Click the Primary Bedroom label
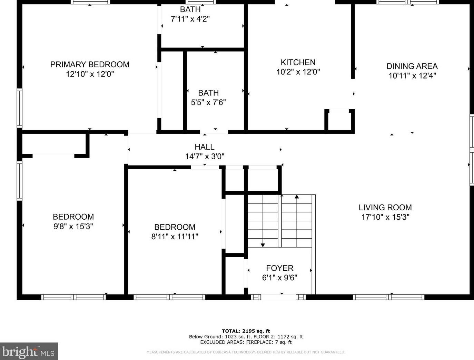click(90, 64)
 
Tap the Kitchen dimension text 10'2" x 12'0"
click(298, 72)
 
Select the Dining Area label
click(412, 66)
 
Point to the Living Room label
click(385, 207)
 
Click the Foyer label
click(280, 268)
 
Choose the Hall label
click(205, 147)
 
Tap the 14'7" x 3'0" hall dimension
click(205, 156)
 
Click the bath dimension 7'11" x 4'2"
click(190, 19)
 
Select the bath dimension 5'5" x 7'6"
click(208, 102)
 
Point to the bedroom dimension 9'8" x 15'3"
click(73, 226)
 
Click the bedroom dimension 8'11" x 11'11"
click(175, 237)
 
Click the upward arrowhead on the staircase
click(297, 197)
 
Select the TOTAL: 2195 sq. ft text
click(246, 331)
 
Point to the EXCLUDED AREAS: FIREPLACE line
click(246, 342)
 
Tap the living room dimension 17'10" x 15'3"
click(385, 217)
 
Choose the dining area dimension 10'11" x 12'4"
click(412, 76)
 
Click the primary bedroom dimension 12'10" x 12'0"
click(90, 74)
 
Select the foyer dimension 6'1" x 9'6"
click(280, 278)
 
